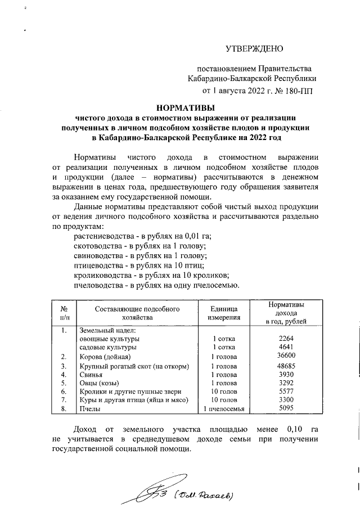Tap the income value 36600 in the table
pos(287,357)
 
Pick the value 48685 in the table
pos(287,366)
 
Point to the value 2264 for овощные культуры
pos(287,339)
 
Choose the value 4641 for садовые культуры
pos(287,347)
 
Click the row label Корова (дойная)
pos(105,357)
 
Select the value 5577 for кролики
pos(287,391)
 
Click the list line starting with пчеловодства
pos(157,285)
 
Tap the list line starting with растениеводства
pos(146,237)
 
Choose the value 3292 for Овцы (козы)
pos(287,382)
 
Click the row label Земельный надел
pos(105,330)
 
